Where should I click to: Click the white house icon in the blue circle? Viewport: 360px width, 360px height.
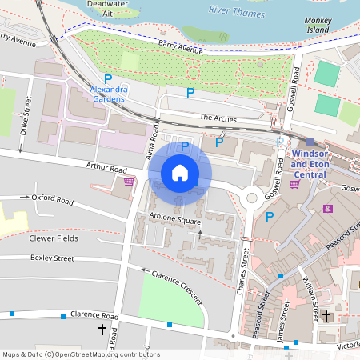click(x=180, y=173)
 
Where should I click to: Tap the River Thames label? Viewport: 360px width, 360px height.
click(x=235, y=10)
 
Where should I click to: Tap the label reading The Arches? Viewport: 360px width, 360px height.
click(x=218, y=118)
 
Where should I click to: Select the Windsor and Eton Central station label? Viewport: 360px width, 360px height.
click(x=310, y=163)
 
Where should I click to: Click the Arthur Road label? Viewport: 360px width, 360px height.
click(x=107, y=169)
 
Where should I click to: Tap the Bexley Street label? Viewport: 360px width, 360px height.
click(x=52, y=258)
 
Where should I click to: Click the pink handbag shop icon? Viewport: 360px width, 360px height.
click(x=328, y=206)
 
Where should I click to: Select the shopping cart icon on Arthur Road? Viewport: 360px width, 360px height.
click(x=128, y=182)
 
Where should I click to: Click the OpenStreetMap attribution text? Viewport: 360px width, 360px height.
click(x=80, y=354)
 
